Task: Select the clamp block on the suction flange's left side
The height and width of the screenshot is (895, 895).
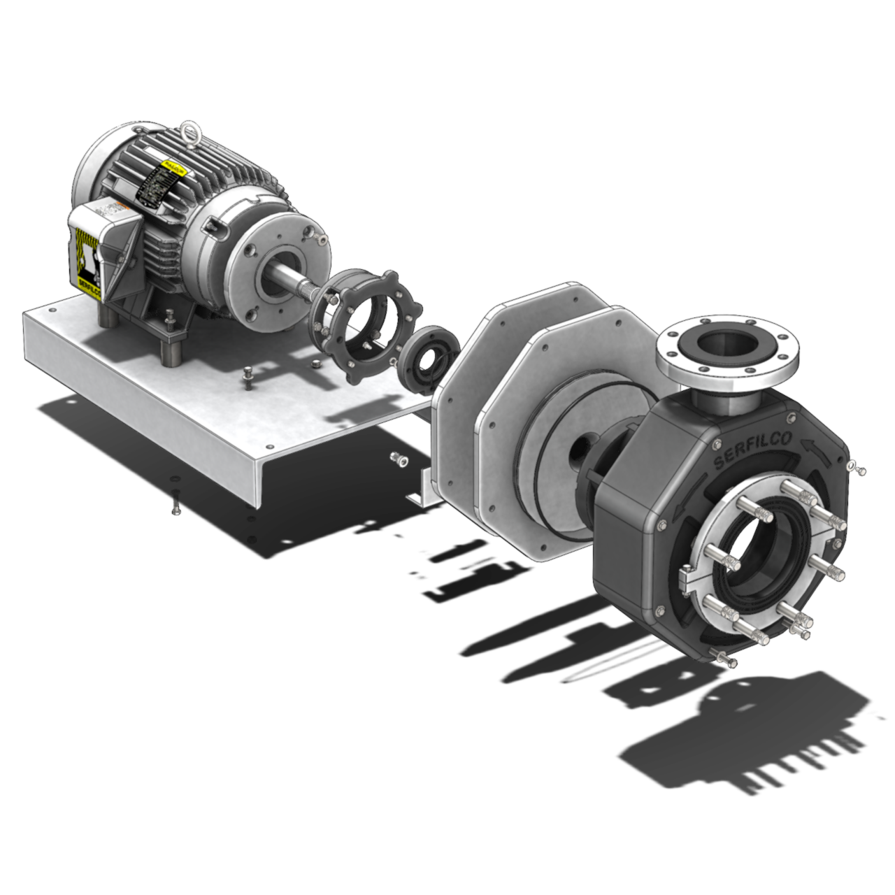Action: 688,577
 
